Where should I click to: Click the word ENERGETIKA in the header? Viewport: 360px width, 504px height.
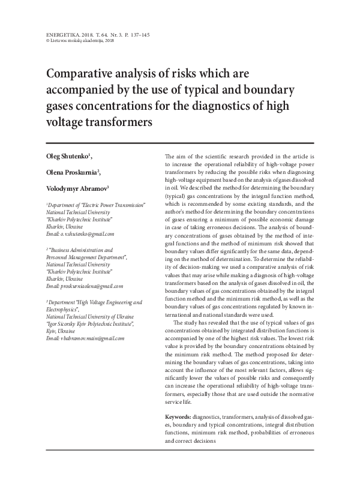pyautogui.click(x=54, y=35)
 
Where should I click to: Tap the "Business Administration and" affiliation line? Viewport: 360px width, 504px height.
pyautogui.click(x=81, y=265)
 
